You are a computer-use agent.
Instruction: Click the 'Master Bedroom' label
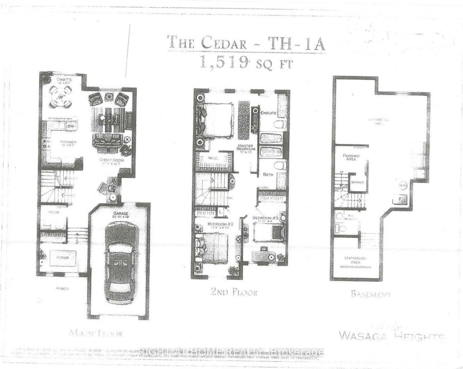tap(246, 146)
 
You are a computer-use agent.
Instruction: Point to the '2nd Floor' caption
tap(234, 292)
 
